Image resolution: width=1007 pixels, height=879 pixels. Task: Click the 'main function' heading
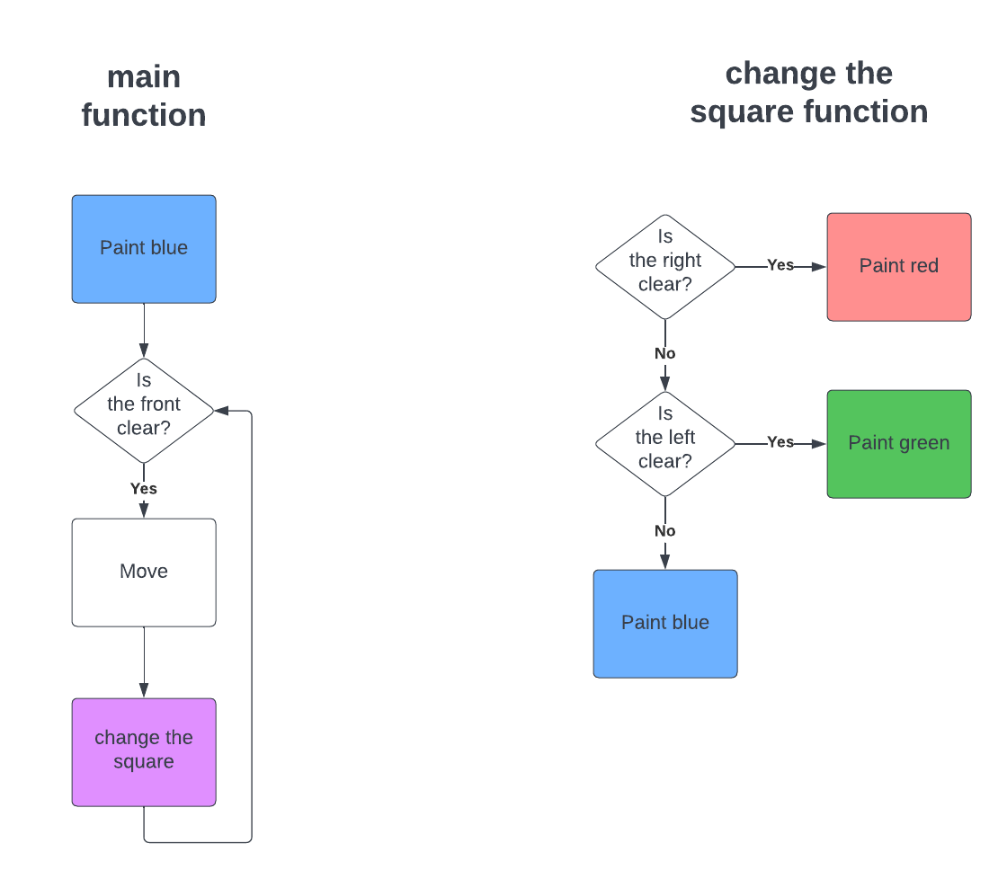point(144,96)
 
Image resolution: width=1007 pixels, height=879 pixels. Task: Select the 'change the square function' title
point(808,93)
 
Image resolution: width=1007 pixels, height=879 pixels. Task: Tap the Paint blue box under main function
point(144,249)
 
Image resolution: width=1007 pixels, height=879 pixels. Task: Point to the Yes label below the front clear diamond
point(144,489)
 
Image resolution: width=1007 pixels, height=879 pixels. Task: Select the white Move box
point(144,572)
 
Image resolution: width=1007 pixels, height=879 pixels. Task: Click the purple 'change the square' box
point(144,751)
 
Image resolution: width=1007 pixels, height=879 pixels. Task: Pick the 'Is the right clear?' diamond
point(665,266)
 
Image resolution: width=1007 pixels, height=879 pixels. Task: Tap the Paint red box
point(899,267)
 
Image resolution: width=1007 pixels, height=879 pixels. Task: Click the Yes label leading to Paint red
point(780,265)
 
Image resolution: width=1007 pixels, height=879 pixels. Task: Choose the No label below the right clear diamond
point(665,354)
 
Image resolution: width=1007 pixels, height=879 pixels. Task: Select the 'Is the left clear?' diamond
point(665,443)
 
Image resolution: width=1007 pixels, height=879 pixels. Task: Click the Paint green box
point(899,444)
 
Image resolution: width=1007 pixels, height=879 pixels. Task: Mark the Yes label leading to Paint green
point(780,442)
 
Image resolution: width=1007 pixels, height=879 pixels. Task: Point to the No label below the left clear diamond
point(665,531)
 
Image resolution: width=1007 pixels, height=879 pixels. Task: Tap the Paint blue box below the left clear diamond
point(665,623)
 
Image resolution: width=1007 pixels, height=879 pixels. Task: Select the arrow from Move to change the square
point(144,662)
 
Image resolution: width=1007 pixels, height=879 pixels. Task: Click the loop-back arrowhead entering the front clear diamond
point(222,411)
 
